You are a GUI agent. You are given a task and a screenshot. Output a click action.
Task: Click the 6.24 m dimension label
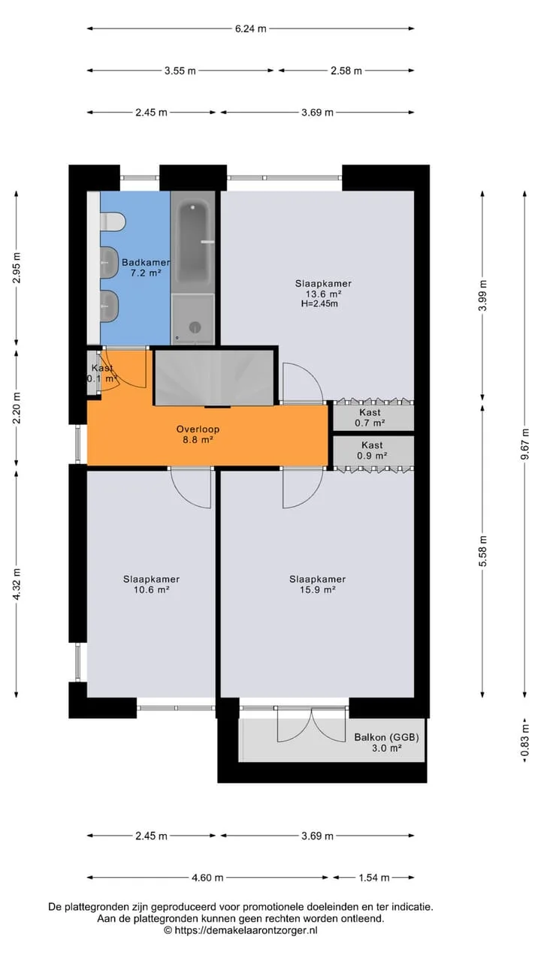click(251, 29)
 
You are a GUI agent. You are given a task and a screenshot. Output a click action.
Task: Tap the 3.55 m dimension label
click(180, 71)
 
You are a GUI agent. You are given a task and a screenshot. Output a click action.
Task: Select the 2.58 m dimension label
click(346, 71)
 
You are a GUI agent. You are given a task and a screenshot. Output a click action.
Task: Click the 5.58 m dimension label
click(483, 551)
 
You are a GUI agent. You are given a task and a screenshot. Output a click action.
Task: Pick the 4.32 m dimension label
click(17, 584)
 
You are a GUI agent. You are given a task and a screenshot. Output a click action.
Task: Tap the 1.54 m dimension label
click(374, 878)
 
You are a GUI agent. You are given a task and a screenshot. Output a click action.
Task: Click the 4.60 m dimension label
click(207, 878)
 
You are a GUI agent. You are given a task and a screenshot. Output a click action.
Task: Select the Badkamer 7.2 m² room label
click(146, 267)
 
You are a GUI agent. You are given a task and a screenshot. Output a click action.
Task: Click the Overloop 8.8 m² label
click(198, 434)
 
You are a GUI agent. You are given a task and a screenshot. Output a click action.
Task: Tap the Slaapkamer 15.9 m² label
click(317, 584)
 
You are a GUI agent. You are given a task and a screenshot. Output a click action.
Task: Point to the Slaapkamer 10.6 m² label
click(151, 584)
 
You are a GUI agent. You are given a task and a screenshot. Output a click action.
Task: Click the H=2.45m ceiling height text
click(319, 304)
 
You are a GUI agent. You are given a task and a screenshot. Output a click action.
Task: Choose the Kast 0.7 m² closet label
click(370, 417)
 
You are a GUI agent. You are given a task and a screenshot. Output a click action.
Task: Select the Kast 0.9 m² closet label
click(372, 450)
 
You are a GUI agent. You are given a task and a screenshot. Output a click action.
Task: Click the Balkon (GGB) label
click(386, 737)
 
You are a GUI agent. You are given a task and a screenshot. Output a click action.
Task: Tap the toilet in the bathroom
click(113, 221)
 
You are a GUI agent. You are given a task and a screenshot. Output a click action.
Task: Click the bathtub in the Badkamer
click(193, 242)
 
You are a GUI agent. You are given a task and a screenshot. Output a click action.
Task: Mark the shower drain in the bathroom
click(195, 327)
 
